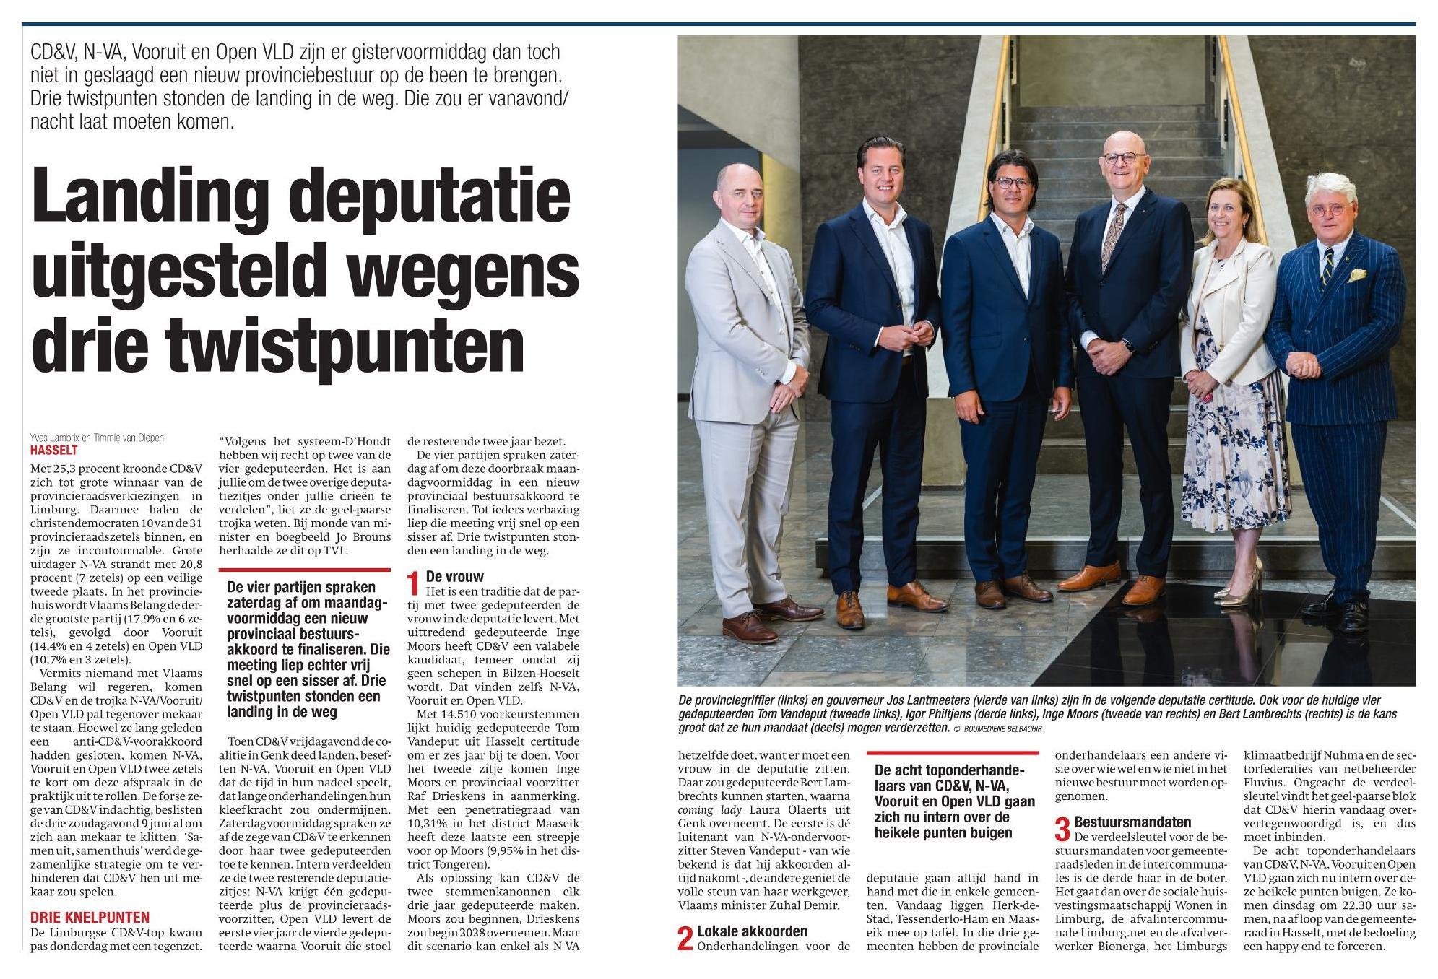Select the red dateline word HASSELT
[54, 449]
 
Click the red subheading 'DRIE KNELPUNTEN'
[90, 918]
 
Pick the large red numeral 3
[1062, 829]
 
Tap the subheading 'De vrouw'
[454, 577]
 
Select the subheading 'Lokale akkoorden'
[752, 931]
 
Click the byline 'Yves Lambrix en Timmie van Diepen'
[98, 438]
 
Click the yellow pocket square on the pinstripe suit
[1359, 275]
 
